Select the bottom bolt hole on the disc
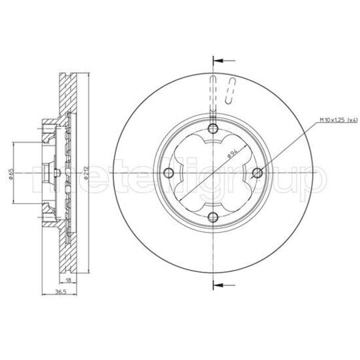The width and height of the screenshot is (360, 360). click(213, 217)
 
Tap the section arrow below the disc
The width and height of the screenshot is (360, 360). click(221, 285)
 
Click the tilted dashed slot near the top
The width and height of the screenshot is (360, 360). click(232, 91)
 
